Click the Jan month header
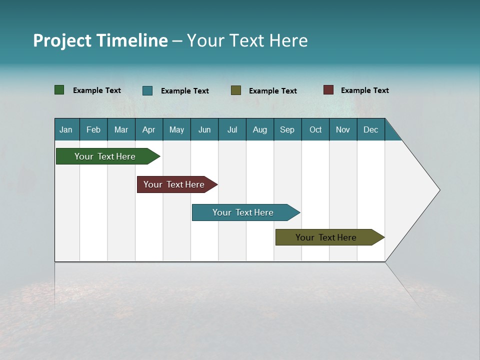click(x=66, y=129)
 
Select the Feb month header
click(x=93, y=129)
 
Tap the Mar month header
click(x=121, y=129)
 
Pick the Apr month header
click(x=149, y=129)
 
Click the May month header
click(x=176, y=129)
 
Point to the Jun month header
click(x=204, y=129)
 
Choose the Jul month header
click(x=232, y=129)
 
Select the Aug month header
click(x=260, y=129)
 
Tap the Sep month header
click(x=287, y=129)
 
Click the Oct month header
click(x=315, y=129)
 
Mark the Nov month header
click(x=343, y=129)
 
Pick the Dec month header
click(x=370, y=129)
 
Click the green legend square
click(x=59, y=90)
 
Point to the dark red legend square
click(x=328, y=90)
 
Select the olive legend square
click(x=236, y=90)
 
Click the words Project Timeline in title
click(x=100, y=40)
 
